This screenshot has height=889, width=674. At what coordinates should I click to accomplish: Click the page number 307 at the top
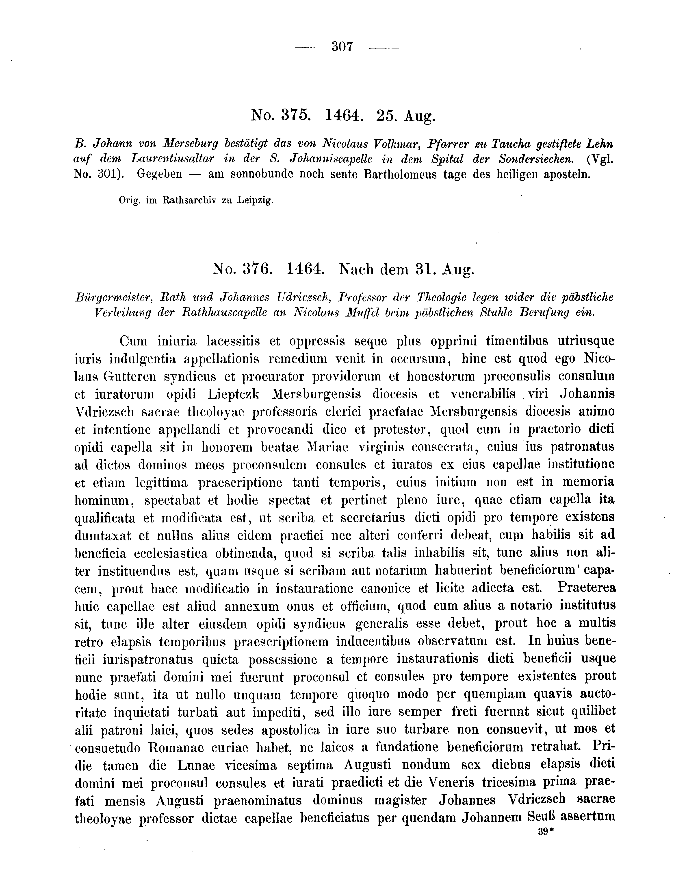[342, 47]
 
